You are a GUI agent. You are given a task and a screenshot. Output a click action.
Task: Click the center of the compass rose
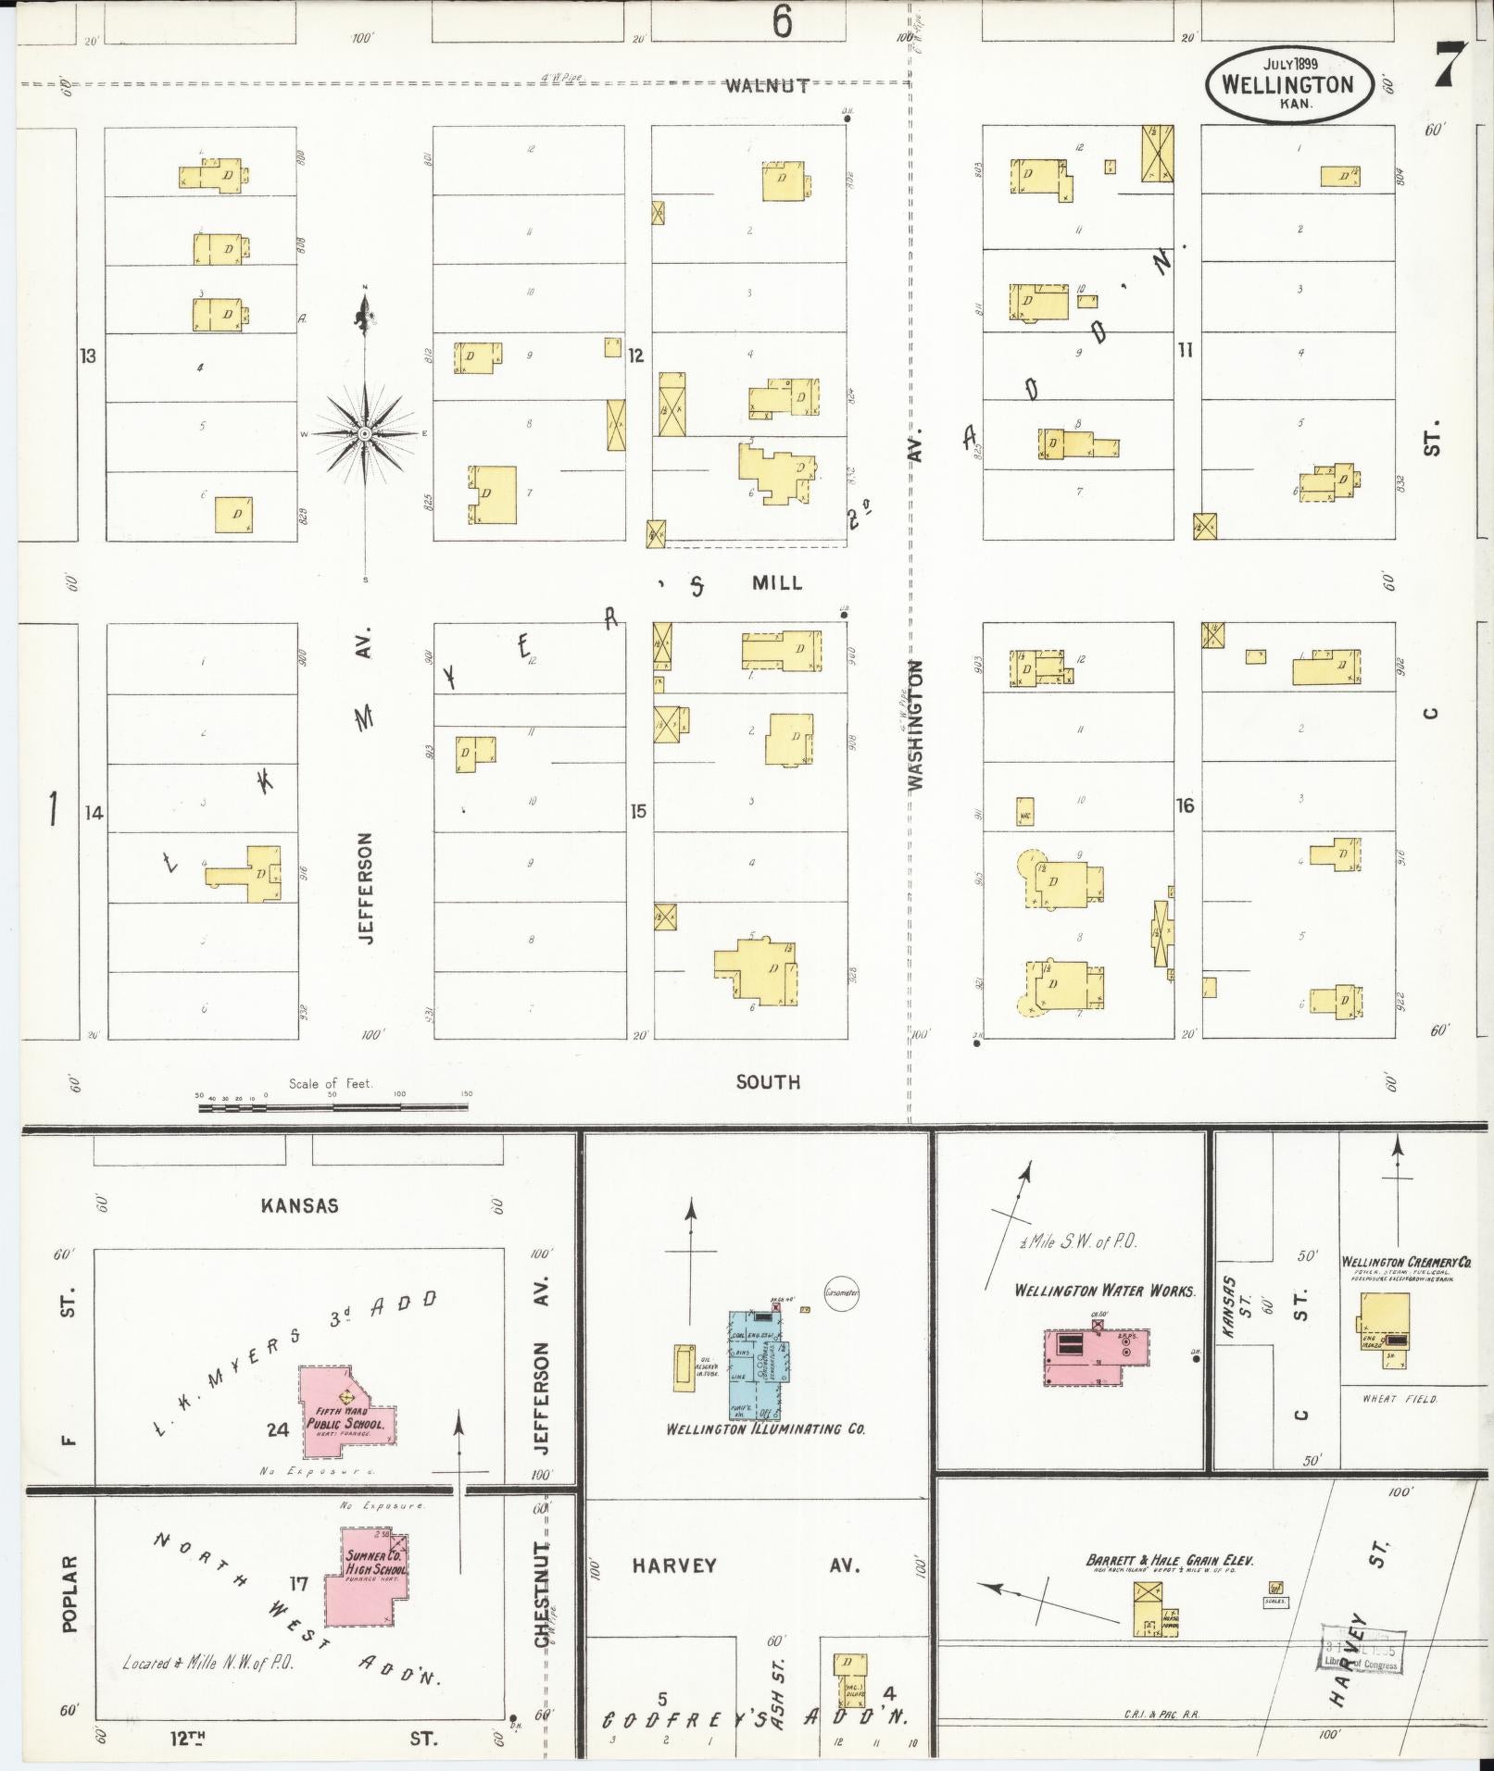[365, 433]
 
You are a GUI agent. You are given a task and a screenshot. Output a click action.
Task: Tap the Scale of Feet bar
[333, 1105]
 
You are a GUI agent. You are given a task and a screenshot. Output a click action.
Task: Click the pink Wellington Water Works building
[1097, 1356]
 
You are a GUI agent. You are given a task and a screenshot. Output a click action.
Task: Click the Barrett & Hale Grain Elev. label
[1170, 1561]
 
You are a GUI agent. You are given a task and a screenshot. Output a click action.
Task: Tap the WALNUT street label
[767, 86]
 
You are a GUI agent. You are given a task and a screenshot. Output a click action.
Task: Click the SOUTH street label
[768, 1081]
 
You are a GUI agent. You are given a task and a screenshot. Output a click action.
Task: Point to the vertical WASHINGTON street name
[916, 724]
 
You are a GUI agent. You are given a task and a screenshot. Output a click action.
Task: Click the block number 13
[87, 355]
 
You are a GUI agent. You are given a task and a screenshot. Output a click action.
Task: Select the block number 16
[1186, 805]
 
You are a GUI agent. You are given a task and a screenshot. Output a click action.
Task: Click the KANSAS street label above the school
[299, 1205]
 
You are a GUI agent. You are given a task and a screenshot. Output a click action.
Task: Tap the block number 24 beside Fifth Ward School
[278, 1429]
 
